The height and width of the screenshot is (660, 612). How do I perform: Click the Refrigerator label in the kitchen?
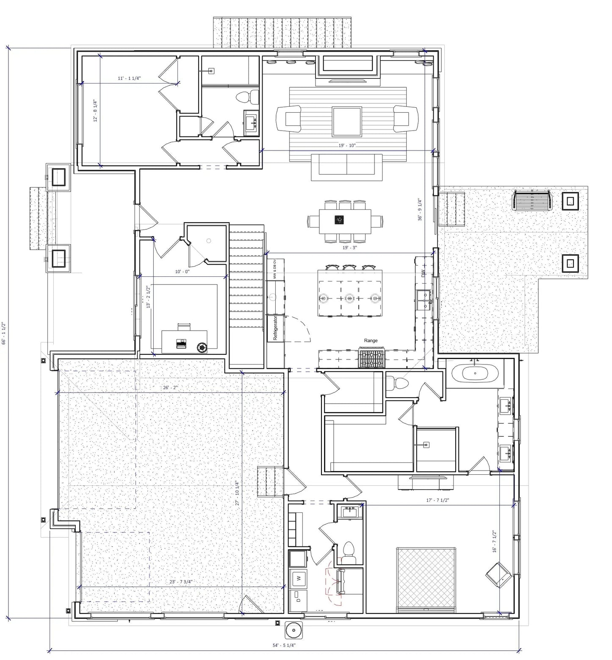275,328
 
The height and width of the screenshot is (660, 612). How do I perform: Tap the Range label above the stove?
371,340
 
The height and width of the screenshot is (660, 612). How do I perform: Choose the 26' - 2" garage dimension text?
170,387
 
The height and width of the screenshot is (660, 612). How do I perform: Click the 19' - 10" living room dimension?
347,146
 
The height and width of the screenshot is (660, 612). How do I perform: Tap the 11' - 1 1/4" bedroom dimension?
129,78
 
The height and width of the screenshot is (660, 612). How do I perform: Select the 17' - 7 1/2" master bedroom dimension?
438,500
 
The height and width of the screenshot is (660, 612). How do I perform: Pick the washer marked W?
299,578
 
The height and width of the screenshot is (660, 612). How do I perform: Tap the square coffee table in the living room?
347,121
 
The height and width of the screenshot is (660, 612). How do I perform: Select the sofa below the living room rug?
347,166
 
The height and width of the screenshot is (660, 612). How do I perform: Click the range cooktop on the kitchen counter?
372,357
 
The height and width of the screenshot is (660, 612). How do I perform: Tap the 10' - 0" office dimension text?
183,271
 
